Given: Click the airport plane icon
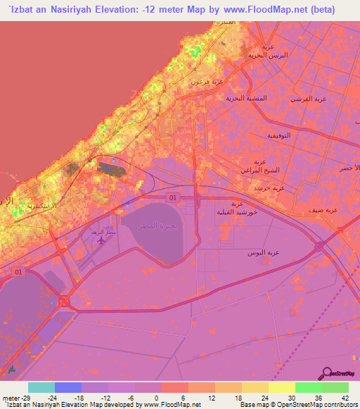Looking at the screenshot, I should click(101, 240).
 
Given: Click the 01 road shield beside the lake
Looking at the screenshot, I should click(173, 198).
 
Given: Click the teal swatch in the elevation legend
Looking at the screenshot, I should click(41, 387).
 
